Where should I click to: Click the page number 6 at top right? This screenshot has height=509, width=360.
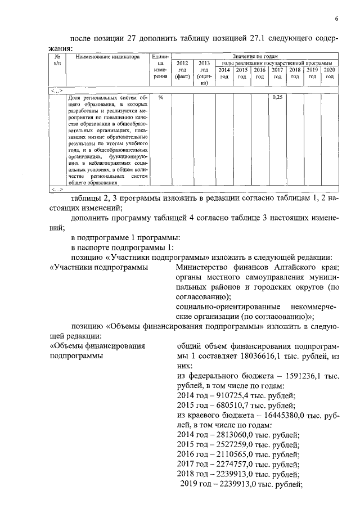336,19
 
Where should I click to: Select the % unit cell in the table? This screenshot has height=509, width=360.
161,98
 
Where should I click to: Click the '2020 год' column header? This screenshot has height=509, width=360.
330,73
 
